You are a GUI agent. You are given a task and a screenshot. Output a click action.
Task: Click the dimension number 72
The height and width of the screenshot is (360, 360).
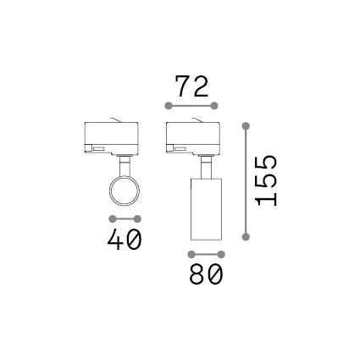(191, 86)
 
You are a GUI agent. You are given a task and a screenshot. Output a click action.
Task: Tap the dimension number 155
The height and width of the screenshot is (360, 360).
(266, 180)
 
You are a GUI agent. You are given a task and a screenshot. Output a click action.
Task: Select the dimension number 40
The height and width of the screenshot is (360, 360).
(125, 239)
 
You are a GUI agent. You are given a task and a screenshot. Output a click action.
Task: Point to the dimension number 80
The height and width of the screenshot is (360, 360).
(206, 274)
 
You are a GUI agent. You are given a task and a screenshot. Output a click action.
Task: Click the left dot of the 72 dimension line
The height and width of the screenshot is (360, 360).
(169, 106)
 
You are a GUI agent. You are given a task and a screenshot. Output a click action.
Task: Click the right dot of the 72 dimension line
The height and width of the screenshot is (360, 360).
(214, 106)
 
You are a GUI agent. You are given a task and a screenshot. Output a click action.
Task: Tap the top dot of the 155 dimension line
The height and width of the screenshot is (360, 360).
(246, 126)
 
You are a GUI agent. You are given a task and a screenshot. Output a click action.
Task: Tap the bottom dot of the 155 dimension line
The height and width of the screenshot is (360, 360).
(246, 236)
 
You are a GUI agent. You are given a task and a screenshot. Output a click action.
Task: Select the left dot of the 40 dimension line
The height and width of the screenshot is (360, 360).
(113, 219)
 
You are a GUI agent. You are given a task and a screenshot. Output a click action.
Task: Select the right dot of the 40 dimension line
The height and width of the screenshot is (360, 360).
(137, 219)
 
